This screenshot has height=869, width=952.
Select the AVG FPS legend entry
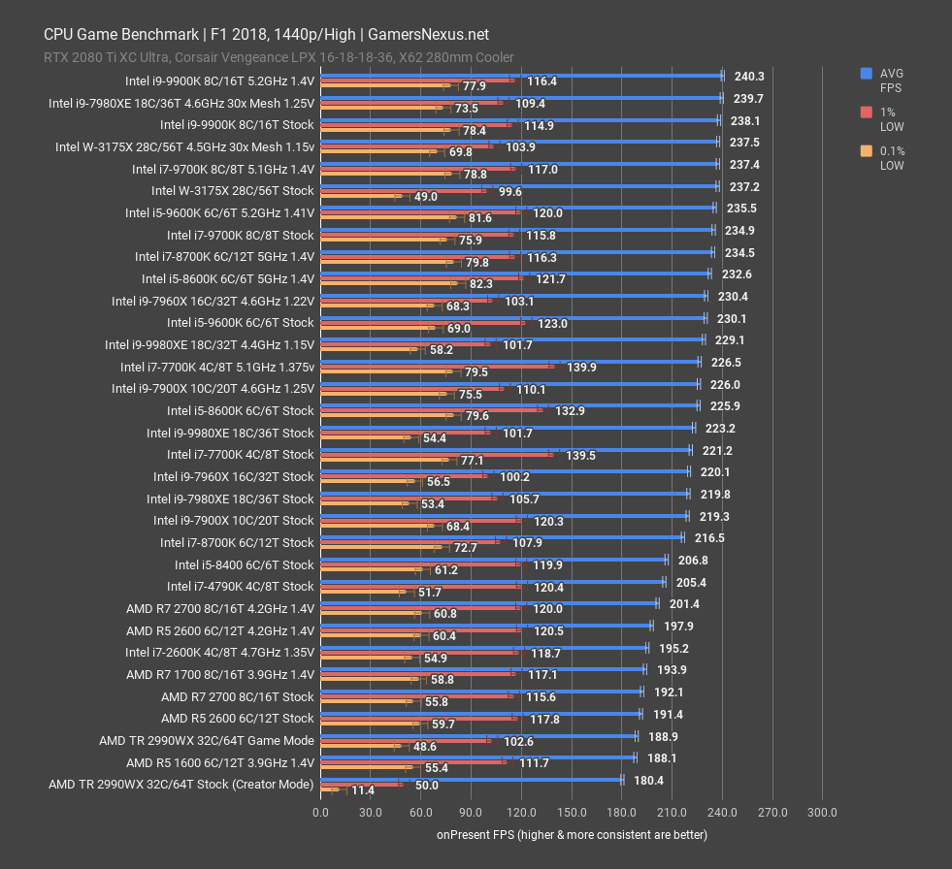891,80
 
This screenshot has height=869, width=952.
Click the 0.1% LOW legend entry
891,158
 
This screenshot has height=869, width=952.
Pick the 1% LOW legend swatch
865,113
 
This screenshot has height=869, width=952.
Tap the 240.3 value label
748,76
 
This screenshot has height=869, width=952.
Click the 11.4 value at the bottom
362,790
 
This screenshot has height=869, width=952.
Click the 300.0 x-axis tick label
821,812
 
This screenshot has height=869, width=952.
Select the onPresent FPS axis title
572,834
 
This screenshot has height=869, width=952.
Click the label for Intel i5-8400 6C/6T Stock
244,564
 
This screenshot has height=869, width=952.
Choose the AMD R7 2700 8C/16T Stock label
237,696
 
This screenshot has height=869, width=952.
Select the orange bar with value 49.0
359,196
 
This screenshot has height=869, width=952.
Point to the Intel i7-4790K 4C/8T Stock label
240,586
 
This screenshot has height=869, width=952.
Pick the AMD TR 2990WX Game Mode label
206,740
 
